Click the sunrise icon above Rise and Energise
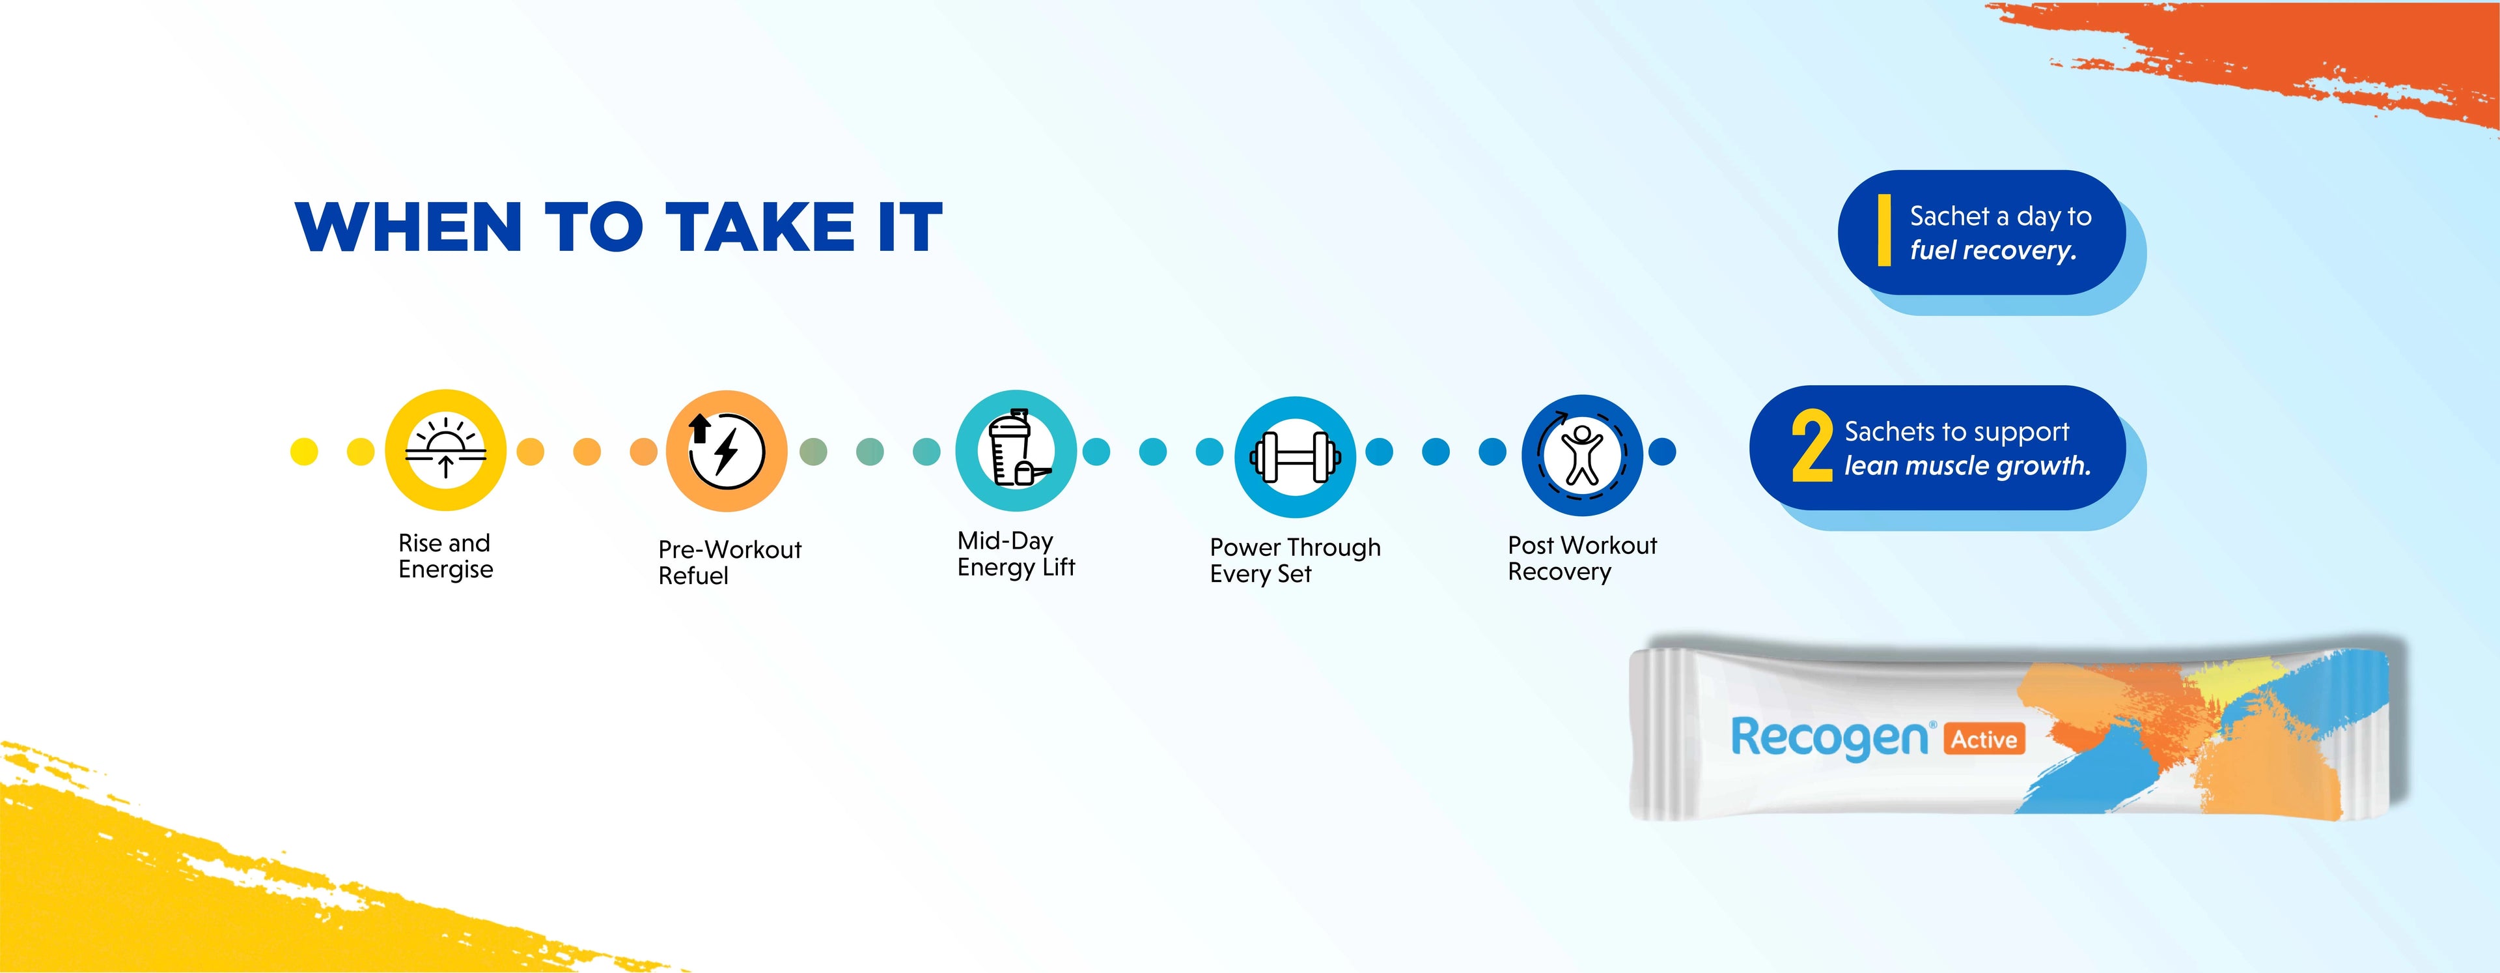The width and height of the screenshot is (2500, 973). tap(445, 450)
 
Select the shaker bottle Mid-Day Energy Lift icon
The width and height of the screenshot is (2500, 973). tap(1016, 450)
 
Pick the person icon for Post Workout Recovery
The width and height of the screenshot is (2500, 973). tap(1582, 454)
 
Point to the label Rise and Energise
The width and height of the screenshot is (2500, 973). tap(445, 555)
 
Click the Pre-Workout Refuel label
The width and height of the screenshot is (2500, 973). tap(730, 562)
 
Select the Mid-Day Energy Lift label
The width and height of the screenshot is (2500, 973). tap(1016, 553)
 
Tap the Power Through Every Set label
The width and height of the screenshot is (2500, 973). tap(1295, 560)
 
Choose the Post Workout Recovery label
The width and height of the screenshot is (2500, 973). tap(1582, 559)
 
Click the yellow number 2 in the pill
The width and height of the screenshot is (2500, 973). tap(1812, 446)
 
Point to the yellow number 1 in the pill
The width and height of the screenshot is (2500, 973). tap(1883, 230)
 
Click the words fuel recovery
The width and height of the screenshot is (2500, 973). tap(1992, 250)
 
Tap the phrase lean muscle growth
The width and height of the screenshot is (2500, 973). tap(1967, 466)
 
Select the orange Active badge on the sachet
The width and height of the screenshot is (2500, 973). tap(1984, 739)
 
